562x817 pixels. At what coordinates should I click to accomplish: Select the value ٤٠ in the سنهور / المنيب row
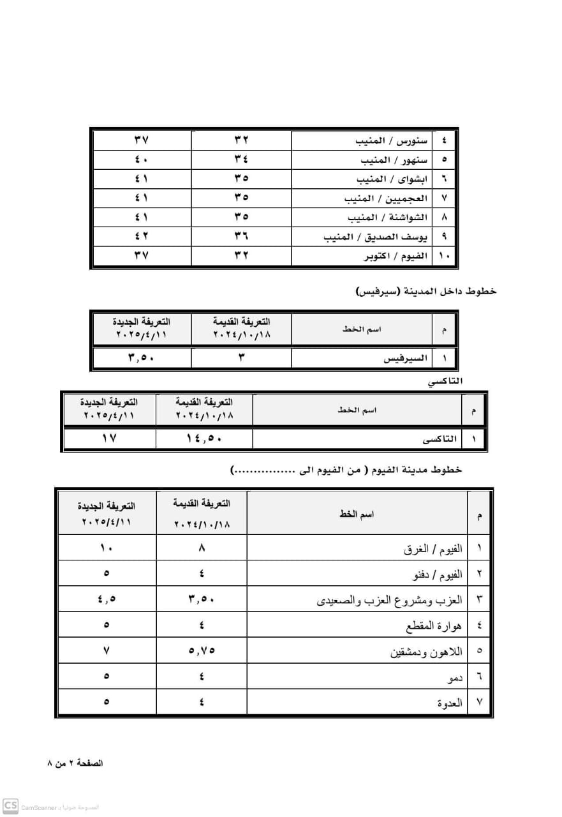[x=142, y=160]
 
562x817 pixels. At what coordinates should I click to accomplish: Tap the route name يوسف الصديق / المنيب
[x=376, y=237]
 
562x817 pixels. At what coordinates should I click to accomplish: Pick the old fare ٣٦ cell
[x=241, y=237]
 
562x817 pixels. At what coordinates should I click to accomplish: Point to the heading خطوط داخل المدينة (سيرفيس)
[x=426, y=291]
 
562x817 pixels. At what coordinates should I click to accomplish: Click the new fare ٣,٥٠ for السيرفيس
[x=142, y=357]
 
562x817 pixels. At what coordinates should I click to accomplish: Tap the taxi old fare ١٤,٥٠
[x=204, y=439]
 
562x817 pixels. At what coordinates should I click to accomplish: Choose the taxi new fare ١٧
[x=109, y=439]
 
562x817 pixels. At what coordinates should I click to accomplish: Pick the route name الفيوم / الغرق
[x=434, y=548]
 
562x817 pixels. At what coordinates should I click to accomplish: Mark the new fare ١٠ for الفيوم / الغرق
[x=106, y=548]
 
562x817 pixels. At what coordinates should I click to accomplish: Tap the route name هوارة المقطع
[x=434, y=626]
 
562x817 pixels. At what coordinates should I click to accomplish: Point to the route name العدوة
[x=450, y=703]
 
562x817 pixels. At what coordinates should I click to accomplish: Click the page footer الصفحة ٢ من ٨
[x=75, y=763]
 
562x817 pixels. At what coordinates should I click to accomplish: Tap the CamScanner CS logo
[x=10, y=806]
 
